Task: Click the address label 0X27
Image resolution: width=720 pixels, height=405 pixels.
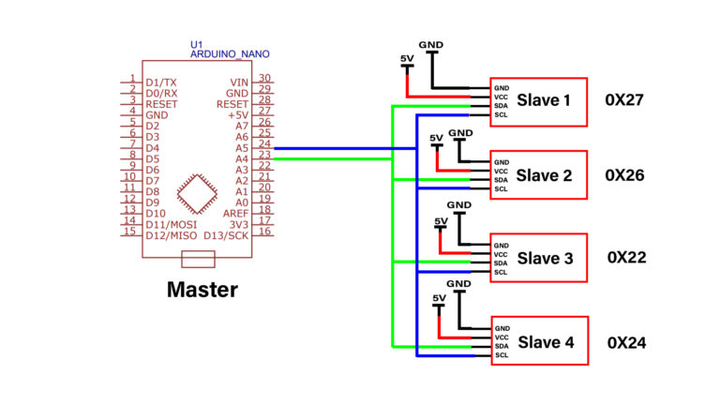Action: [x=624, y=99]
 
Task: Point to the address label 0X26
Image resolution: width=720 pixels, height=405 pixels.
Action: [x=624, y=174]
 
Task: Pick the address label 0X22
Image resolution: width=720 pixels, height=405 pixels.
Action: [x=626, y=258]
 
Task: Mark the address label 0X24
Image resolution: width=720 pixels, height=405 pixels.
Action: [x=626, y=342]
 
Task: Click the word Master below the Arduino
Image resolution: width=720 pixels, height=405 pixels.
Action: [x=202, y=290]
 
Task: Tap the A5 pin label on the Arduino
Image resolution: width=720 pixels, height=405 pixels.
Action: [x=241, y=147]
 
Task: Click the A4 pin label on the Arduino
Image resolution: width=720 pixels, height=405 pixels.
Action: [x=241, y=158]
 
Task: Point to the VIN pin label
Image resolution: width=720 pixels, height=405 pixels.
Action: [x=239, y=82]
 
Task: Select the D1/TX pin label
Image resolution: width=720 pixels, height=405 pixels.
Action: [x=161, y=82]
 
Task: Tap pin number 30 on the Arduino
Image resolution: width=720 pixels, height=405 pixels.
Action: [x=264, y=79]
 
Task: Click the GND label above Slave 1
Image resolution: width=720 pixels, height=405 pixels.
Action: [x=431, y=44]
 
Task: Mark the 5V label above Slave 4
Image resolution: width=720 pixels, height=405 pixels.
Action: [x=439, y=298]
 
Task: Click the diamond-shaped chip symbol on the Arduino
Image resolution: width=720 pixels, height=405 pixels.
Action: [x=199, y=193]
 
